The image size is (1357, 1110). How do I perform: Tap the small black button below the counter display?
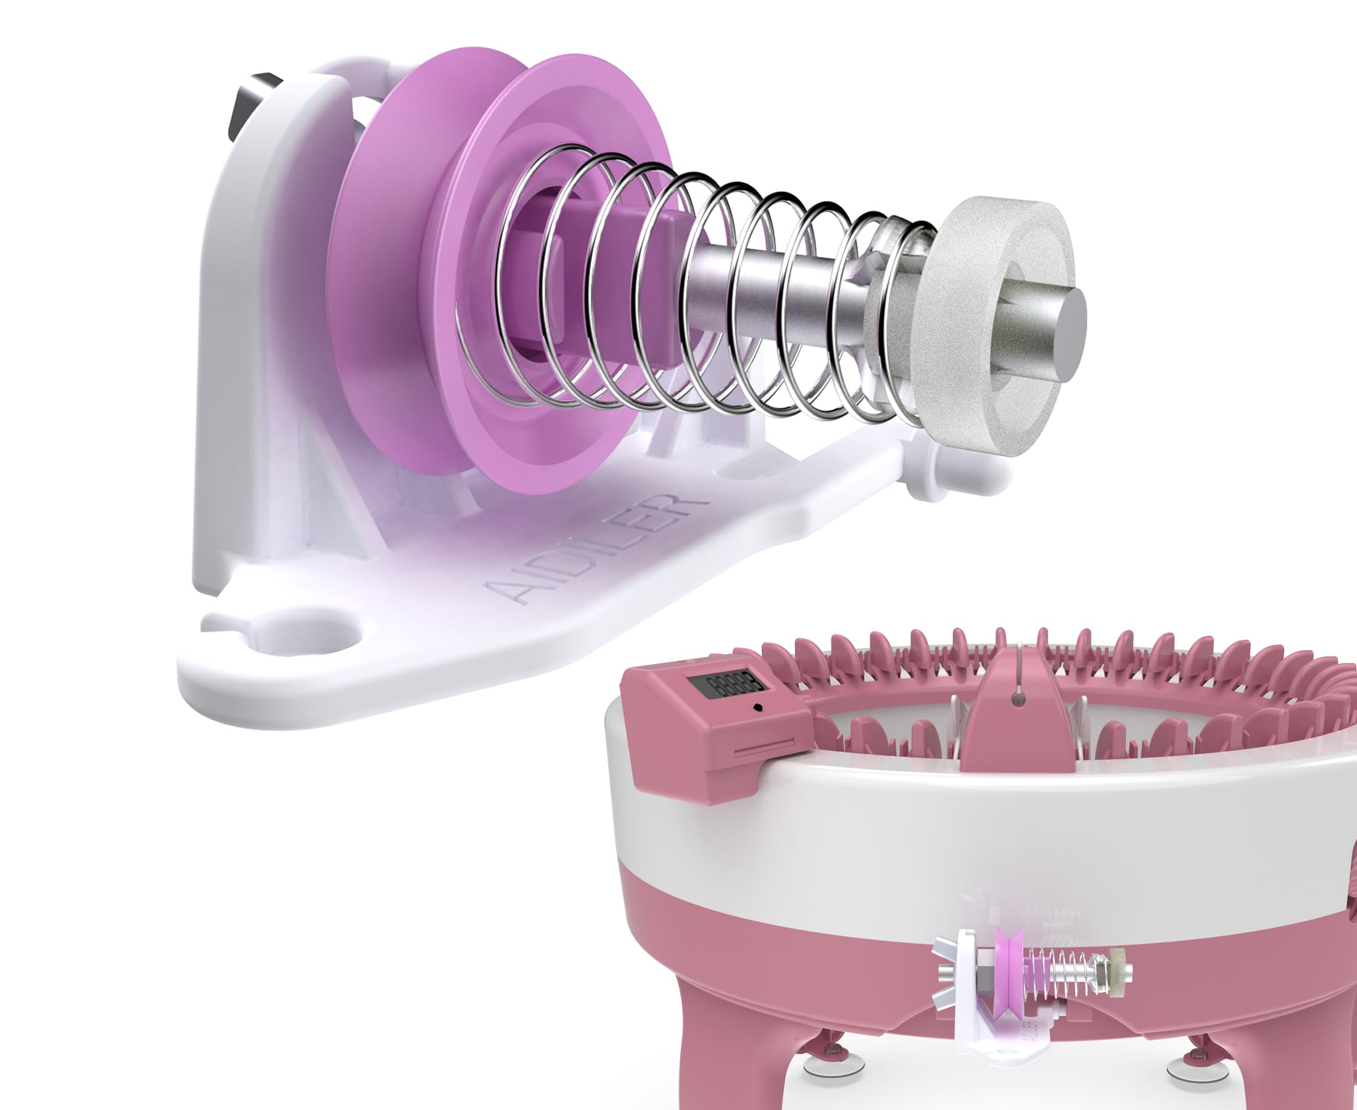[x=758, y=708]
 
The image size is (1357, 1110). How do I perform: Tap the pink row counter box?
[x=716, y=729]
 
